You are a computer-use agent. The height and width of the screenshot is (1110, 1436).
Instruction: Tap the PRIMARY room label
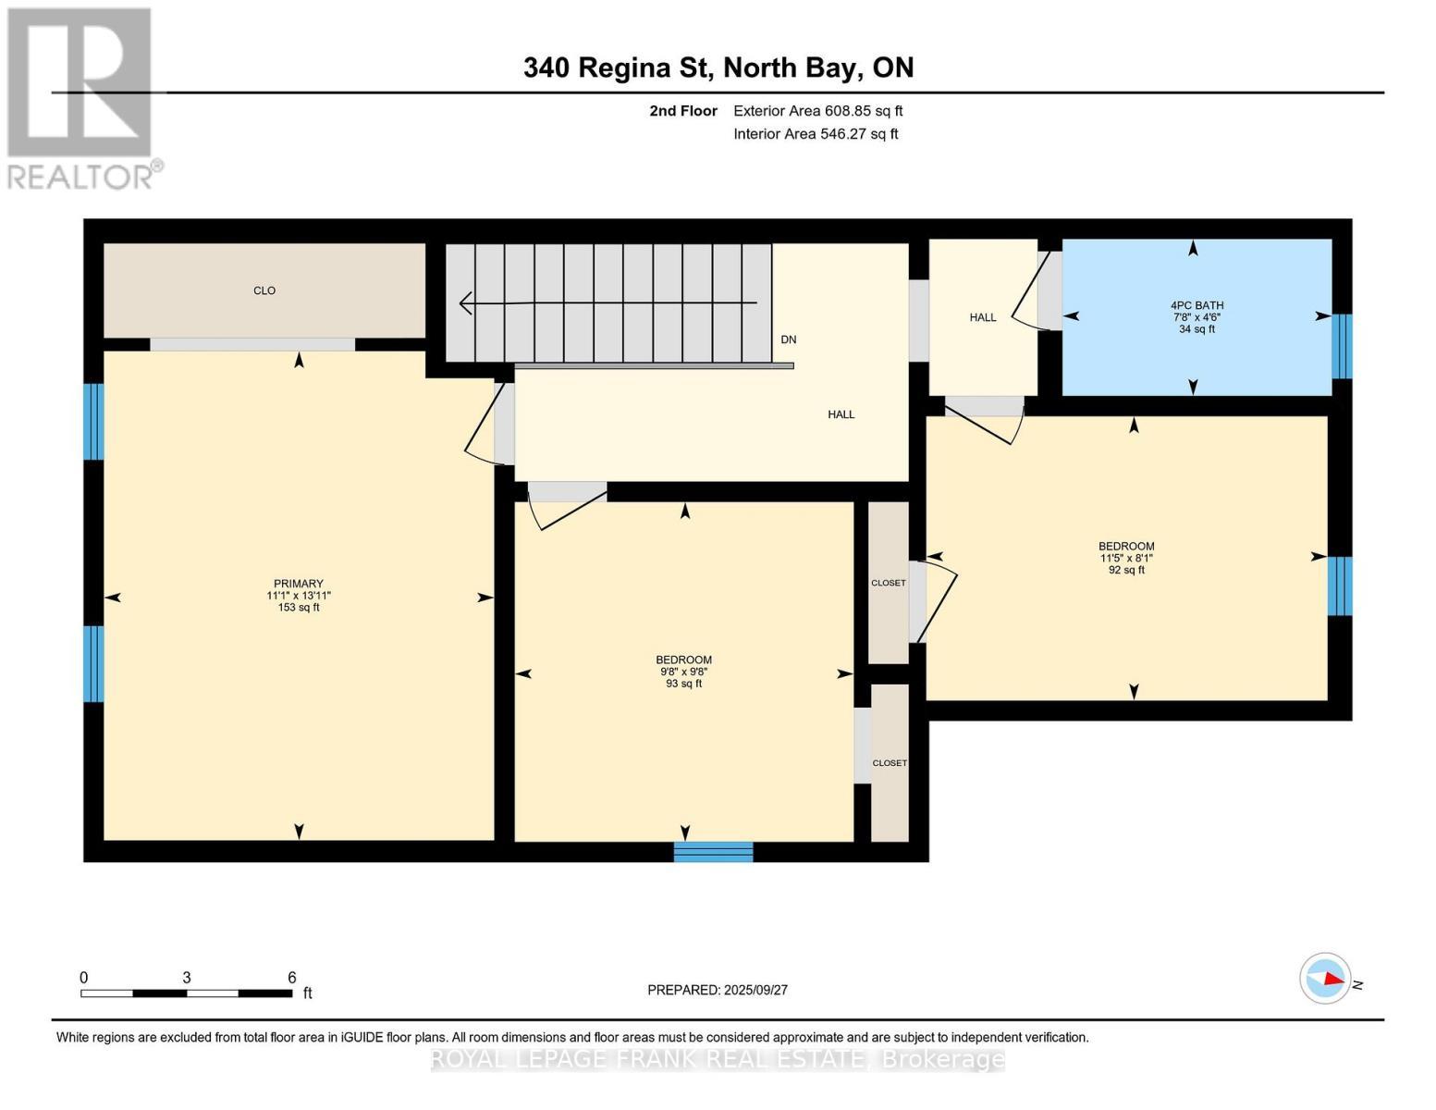(298, 584)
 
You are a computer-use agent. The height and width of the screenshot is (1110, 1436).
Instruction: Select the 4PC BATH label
(1197, 305)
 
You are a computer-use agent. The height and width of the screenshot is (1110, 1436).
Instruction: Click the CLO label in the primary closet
(264, 290)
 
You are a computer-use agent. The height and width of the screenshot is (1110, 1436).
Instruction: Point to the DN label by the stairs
(788, 339)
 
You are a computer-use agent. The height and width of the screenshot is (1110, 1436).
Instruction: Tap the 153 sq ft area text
(298, 608)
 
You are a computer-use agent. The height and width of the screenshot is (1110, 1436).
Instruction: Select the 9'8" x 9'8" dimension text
(683, 672)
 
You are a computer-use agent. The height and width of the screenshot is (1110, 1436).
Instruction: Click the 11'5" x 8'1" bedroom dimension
(1125, 559)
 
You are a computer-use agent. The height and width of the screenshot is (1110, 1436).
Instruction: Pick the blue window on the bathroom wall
(1341, 346)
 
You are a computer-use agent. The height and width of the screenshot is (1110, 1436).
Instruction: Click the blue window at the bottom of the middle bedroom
(713, 852)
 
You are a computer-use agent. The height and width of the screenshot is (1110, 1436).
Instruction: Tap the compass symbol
(1325, 978)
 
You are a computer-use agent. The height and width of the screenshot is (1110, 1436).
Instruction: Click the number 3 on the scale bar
(187, 978)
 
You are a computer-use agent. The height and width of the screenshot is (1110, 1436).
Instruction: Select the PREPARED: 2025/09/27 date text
(717, 990)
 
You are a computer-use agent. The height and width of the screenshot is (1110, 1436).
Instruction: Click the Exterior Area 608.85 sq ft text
(817, 111)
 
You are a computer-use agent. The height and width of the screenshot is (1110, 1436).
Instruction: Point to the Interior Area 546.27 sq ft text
(816, 134)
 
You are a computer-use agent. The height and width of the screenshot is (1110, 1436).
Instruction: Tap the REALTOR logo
(81, 98)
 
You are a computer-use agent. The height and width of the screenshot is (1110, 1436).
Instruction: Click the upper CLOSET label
(888, 583)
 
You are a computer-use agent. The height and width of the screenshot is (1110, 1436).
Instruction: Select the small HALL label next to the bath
(982, 317)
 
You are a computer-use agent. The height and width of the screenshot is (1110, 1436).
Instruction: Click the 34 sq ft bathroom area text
(1197, 329)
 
